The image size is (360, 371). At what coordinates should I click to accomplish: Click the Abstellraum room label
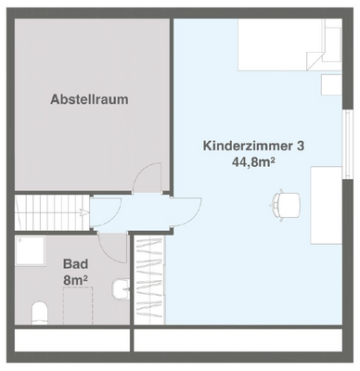coord(90,98)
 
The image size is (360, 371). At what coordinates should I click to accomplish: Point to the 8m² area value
coord(75,279)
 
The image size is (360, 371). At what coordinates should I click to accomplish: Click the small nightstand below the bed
coord(329,83)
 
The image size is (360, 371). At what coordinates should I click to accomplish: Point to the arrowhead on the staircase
coord(84,212)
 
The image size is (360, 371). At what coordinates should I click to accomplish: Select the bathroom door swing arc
coord(113,247)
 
